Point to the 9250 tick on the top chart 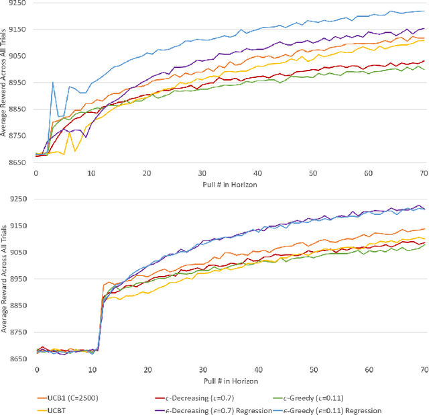pyautogui.click(x=19, y=3)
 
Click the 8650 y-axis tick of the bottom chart pyautogui.click(x=19, y=351)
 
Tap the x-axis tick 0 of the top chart pyautogui.click(x=36, y=173)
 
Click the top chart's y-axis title pyautogui.click(x=5, y=79)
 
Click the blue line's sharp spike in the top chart pyautogui.click(x=53, y=83)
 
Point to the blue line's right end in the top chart pyautogui.click(x=424, y=11)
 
